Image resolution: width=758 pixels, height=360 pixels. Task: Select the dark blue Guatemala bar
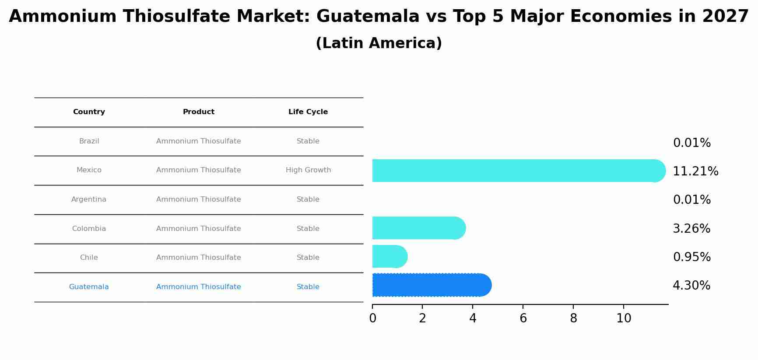click(x=431, y=285)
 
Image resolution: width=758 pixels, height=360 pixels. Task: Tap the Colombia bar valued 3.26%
click(x=418, y=228)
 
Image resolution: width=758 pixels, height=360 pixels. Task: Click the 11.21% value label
click(x=695, y=171)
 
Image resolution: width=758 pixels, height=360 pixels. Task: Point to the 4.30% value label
click(x=691, y=286)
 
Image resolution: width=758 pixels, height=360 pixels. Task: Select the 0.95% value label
click(x=691, y=257)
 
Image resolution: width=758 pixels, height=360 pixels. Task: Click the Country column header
click(x=89, y=112)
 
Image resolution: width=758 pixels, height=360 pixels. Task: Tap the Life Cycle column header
click(x=308, y=112)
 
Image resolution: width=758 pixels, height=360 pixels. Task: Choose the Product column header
click(x=198, y=112)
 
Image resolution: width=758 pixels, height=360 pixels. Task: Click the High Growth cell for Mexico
click(x=308, y=170)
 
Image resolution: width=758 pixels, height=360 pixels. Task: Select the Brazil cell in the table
click(x=89, y=141)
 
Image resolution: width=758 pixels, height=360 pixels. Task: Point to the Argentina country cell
click(x=89, y=199)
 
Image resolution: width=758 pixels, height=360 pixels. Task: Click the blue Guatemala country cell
click(x=89, y=287)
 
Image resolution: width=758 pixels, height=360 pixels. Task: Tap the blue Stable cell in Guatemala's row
click(x=308, y=287)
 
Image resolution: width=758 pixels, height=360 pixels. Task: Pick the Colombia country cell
click(x=89, y=229)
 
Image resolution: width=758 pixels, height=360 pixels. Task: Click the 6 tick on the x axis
click(x=523, y=318)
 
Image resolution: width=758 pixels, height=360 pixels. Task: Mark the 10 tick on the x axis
click(x=624, y=318)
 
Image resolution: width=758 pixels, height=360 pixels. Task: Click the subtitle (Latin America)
click(x=379, y=43)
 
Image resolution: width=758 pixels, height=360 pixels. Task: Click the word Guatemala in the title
click(x=368, y=17)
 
